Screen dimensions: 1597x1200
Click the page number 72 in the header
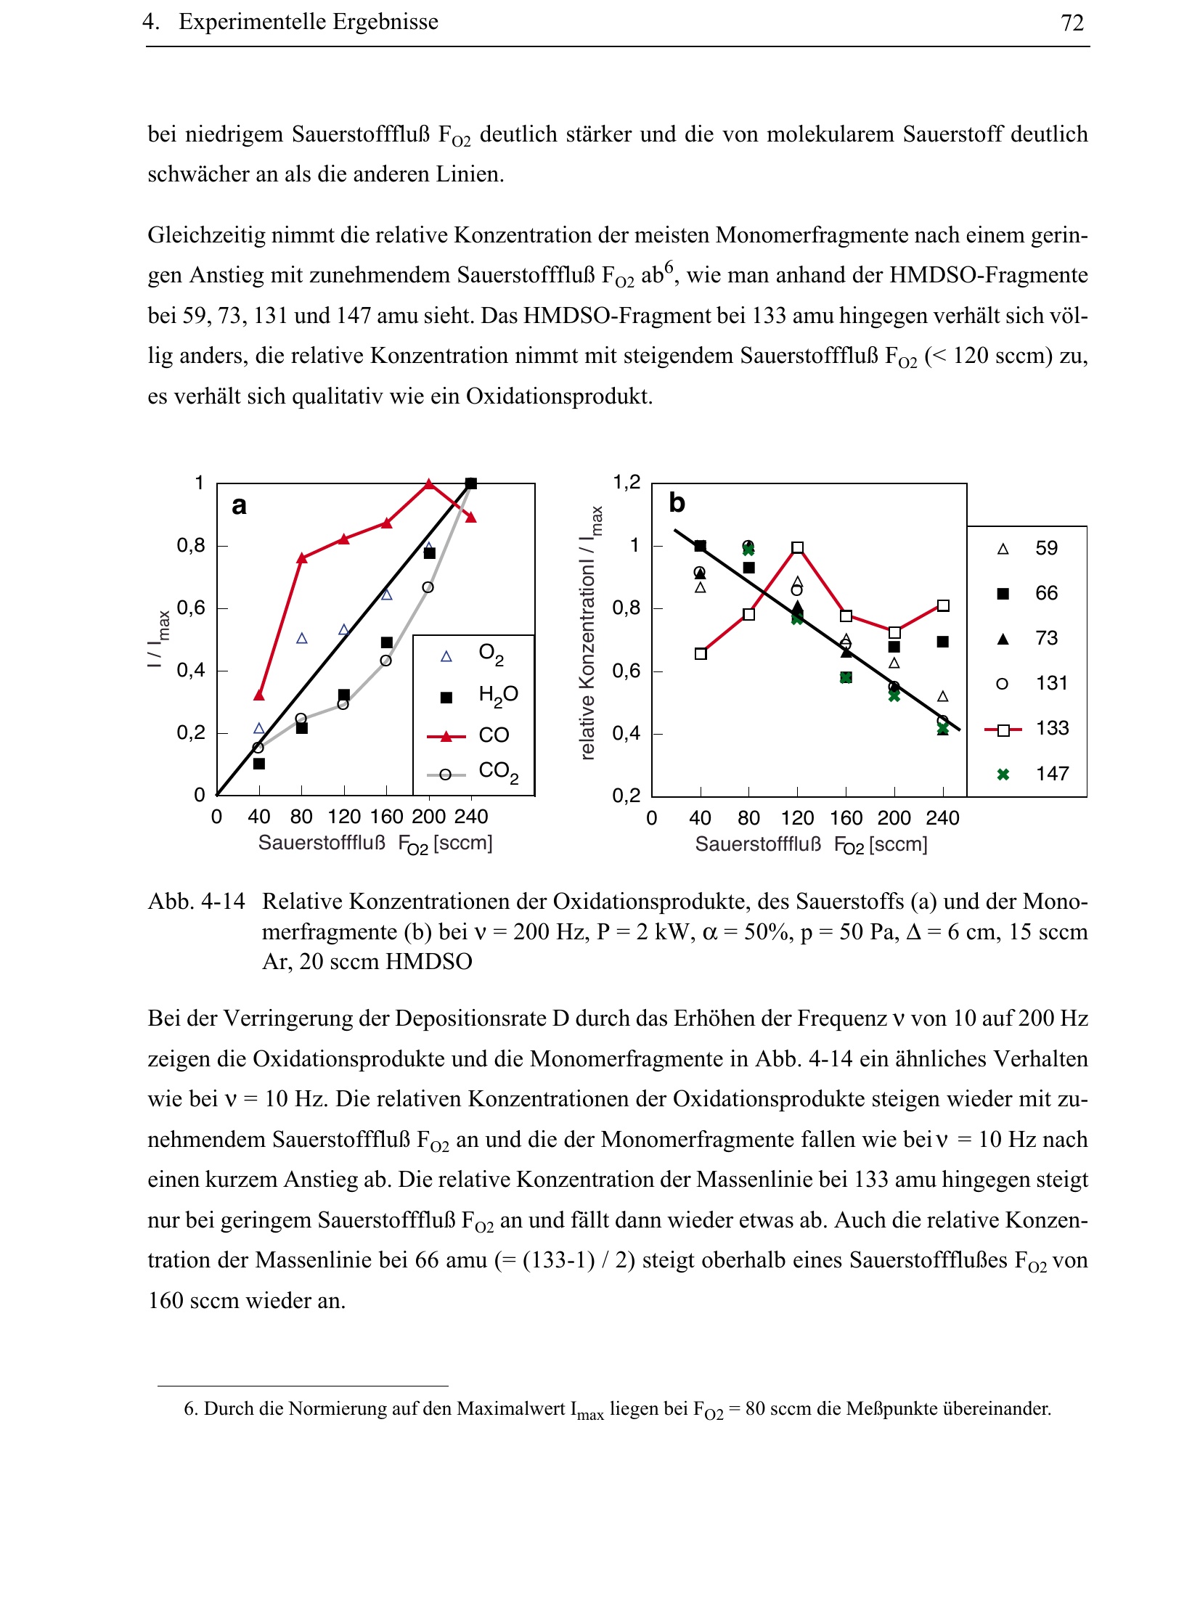[x=1072, y=23]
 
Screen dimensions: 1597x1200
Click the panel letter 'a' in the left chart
[x=239, y=505]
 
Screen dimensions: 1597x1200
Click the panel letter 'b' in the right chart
[x=677, y=502]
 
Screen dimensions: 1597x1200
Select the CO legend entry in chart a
[x=494, y=735]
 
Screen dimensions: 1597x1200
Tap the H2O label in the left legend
[x=498, y=695]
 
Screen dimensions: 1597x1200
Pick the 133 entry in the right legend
[x=1052, y=728]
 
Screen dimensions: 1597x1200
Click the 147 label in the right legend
[x=1052, y=774]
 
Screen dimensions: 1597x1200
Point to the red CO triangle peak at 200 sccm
[x=429, y=484]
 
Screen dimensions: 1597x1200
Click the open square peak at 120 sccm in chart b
[x=798, y=547]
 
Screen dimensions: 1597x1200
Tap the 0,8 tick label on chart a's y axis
[x=191, y=545]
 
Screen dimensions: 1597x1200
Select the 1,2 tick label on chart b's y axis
[x=626, y=483]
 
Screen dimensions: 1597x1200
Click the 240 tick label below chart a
[x=471, y=817]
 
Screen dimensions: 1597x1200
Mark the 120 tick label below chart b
[x=797, y=818]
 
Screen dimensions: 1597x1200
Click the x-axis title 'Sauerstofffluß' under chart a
[x=322, y=843]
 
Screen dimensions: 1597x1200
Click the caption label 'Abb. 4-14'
[x=197, y=902]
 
